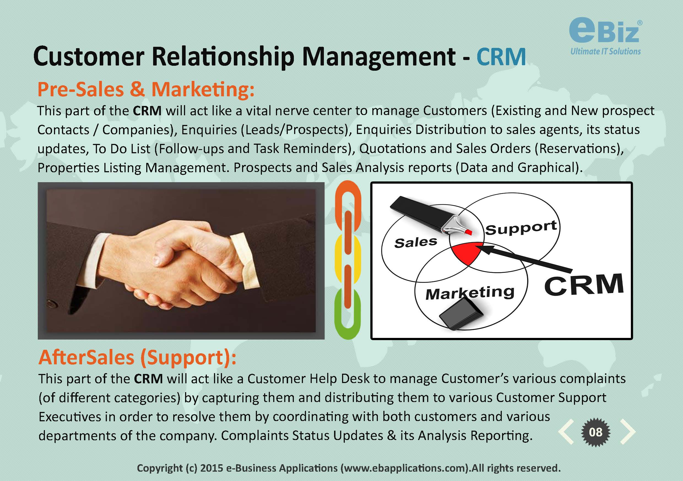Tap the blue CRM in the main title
(x=501, y=56)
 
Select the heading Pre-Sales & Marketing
(x=146, y=89)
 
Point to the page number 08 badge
(x=595, y=432)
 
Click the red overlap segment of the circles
(x=465, y=253)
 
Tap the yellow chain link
(x=348, y=261)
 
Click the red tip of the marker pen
(x=468, y=232)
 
